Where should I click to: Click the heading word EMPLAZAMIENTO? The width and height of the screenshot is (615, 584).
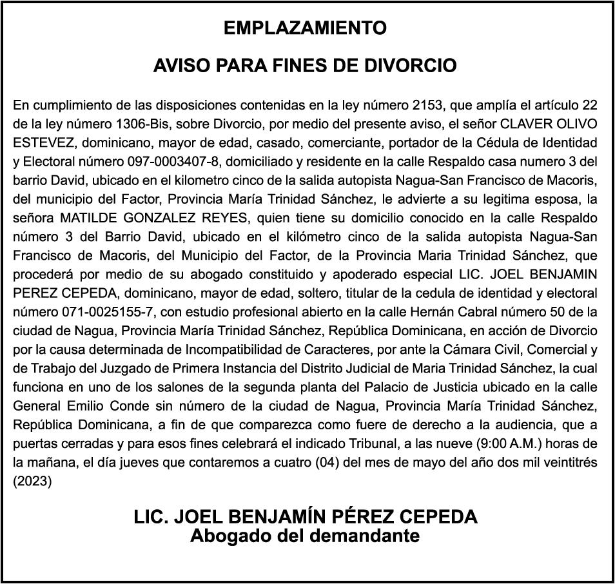pos(305,28)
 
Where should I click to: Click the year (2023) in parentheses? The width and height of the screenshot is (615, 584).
pos(33,480)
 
